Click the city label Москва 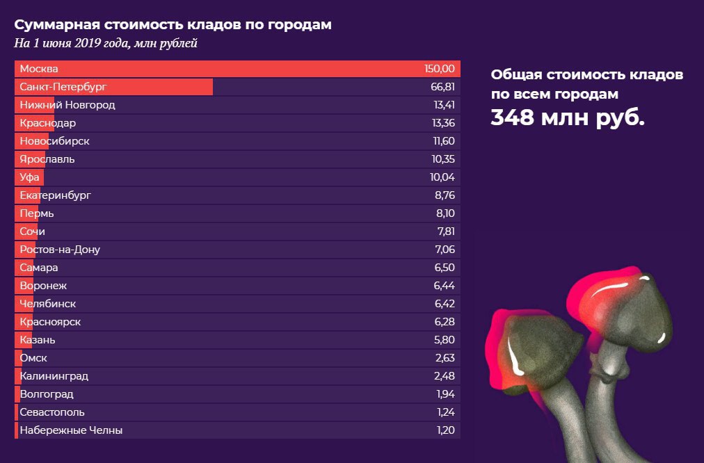click(x=39, y=69)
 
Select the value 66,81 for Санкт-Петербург click(x=442, y=87)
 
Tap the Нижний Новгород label click(x=67, y=105)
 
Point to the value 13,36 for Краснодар click(x=443, y=123)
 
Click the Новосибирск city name click(x=55, y=141)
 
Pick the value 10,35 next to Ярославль click(x=442, y=159)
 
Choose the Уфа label click(x=30, y=177)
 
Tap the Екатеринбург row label click(x=56, y=195)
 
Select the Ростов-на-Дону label click(x=65, y=250)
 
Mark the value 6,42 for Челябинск click(x=444, y=304)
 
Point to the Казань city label click(x=38, y=340)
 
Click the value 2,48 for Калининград click(x=444, y=376)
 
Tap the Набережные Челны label click(x=71, y=430)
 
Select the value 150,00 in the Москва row click(x=440, y=69)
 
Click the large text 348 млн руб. click(x=568, y=117)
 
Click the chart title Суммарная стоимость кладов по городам click(x=173, y=24)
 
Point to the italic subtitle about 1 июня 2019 click(x=106, y=43)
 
